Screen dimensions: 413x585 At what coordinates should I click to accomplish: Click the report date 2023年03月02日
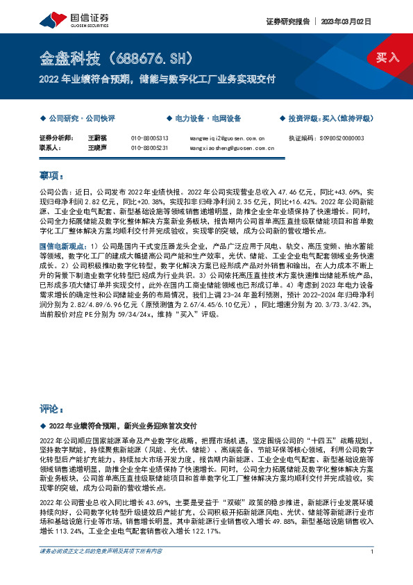[x=351, y=21]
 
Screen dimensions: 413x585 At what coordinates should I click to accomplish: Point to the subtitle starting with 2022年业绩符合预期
[x=157, y=78]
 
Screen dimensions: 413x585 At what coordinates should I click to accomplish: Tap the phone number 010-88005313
[x=149, y=138]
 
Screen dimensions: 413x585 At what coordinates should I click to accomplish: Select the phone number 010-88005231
[x=149, y=148]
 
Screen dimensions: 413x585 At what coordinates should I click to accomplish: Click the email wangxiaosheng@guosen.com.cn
[x=231, y=148]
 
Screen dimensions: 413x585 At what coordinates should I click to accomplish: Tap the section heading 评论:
[x=51, y=409]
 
